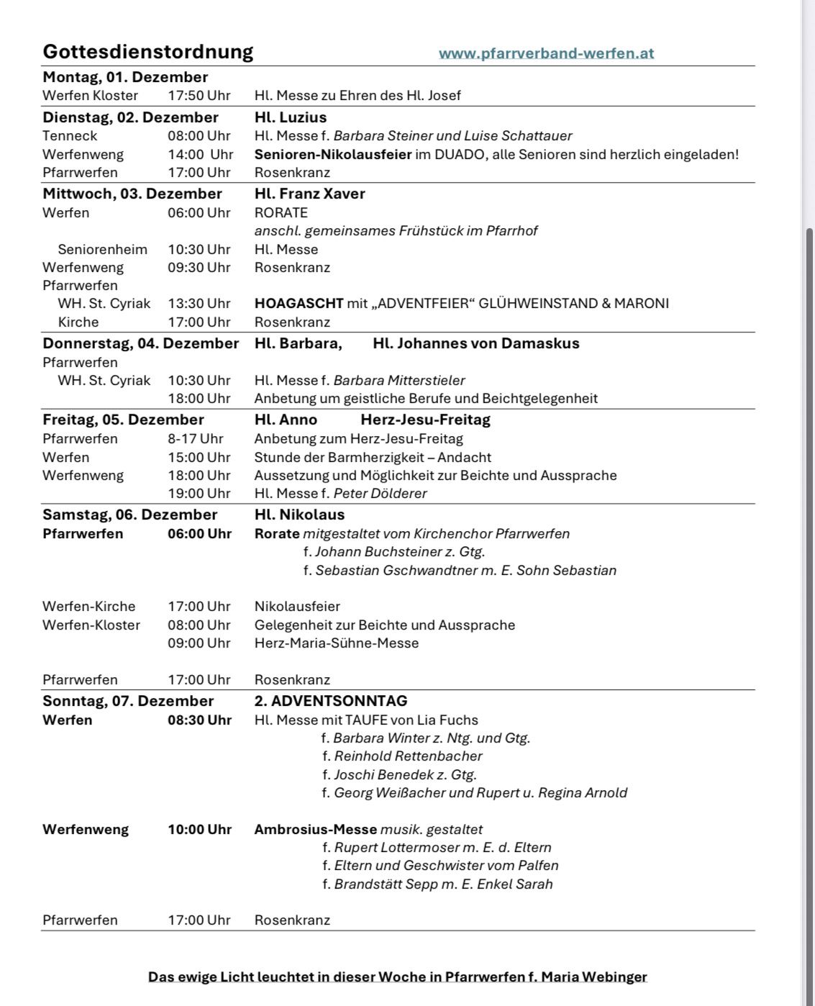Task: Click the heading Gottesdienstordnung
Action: click(147, 52)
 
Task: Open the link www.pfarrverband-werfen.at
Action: click(546, 53)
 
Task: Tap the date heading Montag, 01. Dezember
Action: click(125, 77)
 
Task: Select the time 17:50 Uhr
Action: click(199, 95)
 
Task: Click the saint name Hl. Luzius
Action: click(291, 117)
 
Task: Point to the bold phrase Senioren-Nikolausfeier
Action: click(333, 154)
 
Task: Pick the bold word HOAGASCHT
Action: click(299, 303)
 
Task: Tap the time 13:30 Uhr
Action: click(199, 303)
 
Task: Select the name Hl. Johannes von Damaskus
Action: click(475, 343)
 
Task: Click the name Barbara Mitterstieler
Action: click(399, 380)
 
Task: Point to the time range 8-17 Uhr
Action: click(196, 438)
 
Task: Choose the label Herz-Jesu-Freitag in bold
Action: click(425, 420)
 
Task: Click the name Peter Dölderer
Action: click(380, 493)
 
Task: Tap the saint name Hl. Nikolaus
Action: click(299, 515)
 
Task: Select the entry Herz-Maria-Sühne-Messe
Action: click(337, 643)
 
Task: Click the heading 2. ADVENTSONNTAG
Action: click(331, 700)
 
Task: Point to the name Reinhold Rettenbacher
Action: click(408, 756)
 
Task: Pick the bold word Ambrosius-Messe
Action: click(316, 829)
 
